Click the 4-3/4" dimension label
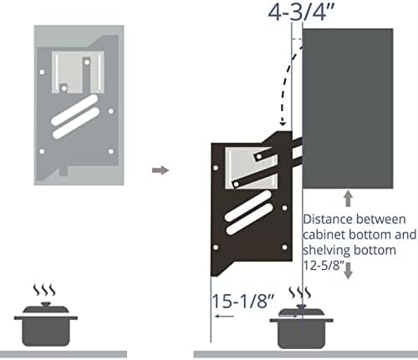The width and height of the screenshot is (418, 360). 301,12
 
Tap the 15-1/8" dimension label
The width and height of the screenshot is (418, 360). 243,301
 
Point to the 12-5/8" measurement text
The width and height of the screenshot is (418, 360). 324,266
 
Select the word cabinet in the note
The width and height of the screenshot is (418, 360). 324,235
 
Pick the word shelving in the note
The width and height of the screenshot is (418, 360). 326,250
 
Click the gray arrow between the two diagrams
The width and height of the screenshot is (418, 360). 161,170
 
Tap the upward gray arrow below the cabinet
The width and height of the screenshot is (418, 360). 348,198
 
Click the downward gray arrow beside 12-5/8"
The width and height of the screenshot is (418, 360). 348,271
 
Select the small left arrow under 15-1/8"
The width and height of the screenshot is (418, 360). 224,316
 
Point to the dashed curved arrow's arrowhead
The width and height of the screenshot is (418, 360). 283,122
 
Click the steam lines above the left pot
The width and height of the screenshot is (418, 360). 44,290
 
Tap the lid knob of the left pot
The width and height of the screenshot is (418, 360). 46,304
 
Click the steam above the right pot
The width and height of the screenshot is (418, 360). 299,292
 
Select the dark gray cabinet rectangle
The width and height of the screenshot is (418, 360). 348,109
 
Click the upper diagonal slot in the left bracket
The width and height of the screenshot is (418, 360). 74,109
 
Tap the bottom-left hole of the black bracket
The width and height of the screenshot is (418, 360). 216,247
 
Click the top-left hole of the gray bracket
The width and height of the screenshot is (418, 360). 42,72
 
